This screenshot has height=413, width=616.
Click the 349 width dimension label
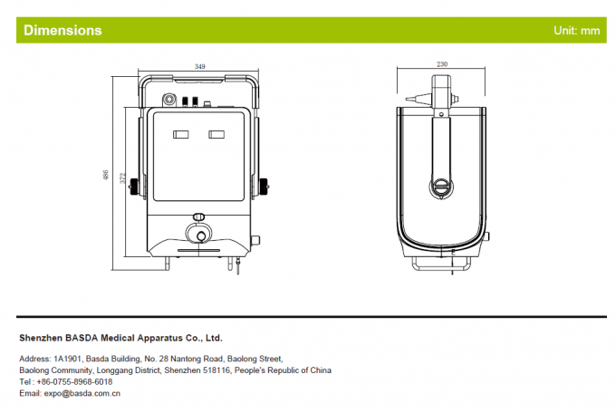(x=199, y=67)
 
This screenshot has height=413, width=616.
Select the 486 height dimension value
(x=107, y=173)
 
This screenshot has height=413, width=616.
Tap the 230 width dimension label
(x=442, y=64)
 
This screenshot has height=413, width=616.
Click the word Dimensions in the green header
(x=63, y=31)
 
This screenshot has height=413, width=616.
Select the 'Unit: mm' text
(x=577, y=31)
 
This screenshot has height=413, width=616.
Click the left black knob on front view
(x=135, y=187)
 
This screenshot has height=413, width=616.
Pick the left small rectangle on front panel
(x=180, y=135)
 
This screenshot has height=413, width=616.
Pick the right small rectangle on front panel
(x=217, y=135)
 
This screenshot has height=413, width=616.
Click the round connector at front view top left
(x=168, y=100)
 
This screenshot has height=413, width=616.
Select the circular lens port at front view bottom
(x=198, y=234)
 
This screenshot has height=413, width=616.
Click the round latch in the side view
(x=439, y=187)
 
